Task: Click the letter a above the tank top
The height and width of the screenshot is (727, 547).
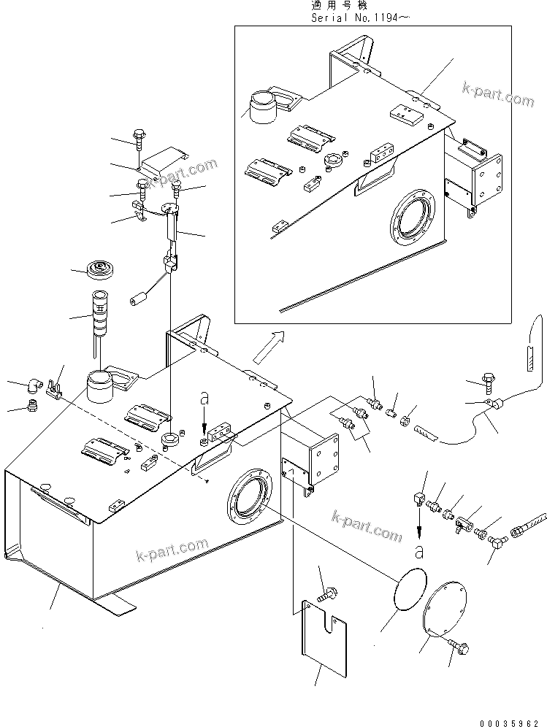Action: point(205,399)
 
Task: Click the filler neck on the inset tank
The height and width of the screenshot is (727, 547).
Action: point(264,107)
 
